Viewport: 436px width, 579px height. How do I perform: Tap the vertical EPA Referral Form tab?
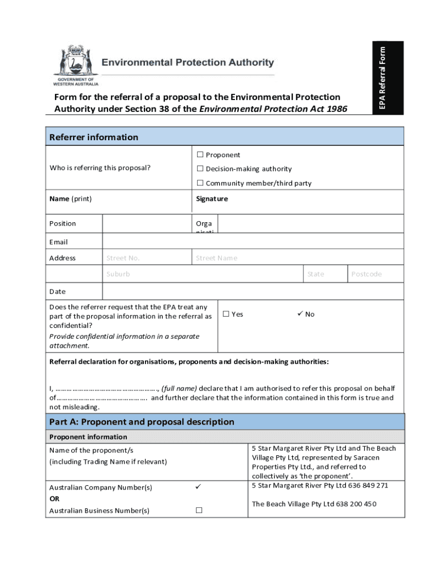(383, 77)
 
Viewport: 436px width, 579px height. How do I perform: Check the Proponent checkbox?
(200, 155)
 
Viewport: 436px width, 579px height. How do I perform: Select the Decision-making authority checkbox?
(200, 169)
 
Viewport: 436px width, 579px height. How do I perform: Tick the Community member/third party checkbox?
(200, 183)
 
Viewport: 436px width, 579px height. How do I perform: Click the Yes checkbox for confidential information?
(226, 314)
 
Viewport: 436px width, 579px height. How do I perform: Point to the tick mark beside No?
(300, 314)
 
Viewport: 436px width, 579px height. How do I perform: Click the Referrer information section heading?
(93, 137)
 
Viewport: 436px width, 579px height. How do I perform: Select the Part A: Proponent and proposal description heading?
(142, 422)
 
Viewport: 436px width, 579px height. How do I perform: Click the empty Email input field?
(253, 241)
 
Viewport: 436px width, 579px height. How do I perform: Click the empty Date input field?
(253, 291)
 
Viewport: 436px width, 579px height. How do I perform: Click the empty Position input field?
(147, 223)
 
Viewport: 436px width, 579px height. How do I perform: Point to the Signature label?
(212, 199)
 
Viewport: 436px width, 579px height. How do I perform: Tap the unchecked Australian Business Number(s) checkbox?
(199, 511)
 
